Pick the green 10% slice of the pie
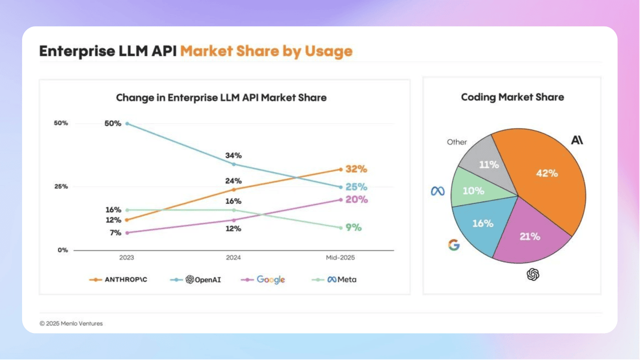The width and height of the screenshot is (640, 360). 472,191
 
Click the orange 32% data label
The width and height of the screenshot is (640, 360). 356,169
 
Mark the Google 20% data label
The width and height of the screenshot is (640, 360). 356,199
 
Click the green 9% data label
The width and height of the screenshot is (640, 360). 353,227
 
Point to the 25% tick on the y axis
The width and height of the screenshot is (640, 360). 61,186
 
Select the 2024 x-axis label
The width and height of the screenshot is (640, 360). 233,258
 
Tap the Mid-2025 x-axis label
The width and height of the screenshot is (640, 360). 340,258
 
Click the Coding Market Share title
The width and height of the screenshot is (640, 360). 512,97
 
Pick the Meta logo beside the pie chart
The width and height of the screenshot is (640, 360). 437,191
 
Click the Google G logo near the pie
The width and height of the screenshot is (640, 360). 453,245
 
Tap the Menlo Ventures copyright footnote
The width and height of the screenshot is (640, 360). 71,323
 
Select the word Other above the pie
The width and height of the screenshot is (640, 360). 456,142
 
